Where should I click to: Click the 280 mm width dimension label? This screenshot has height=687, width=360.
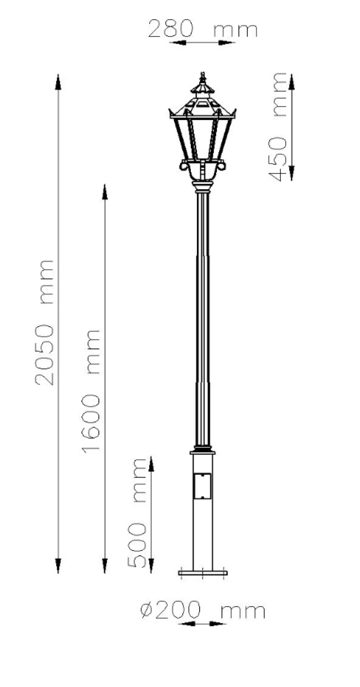click(202, 29)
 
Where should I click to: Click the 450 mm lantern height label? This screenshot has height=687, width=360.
click(277, 127)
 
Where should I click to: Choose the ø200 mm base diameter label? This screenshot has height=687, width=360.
click(202, 610)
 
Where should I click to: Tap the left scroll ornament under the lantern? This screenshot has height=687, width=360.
click(184, 165)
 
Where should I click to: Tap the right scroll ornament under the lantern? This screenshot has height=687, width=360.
click(221, 165)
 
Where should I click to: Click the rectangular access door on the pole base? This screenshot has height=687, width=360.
click(202, 486)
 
